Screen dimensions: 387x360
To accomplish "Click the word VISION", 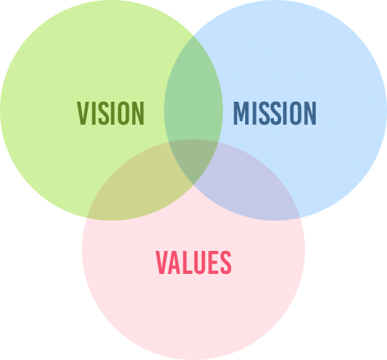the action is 111,113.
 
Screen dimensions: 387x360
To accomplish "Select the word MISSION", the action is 275,113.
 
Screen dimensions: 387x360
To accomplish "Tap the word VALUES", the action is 193,262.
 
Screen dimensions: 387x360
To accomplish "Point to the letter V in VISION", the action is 84,113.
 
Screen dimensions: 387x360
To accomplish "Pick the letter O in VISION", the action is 122,113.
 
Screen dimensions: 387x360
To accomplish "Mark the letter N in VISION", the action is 139,113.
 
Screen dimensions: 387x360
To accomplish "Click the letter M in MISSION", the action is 241,113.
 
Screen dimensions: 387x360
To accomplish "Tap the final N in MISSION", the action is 310,113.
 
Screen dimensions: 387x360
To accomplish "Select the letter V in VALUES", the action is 162,262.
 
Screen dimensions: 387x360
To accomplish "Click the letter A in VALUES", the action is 174,262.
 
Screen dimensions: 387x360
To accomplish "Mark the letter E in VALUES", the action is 213,262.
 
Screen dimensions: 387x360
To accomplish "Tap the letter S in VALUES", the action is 225,262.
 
